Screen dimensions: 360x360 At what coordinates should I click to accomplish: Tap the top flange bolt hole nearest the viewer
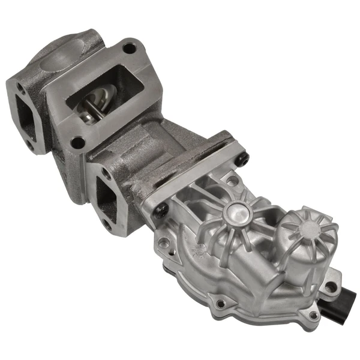click(77, 142)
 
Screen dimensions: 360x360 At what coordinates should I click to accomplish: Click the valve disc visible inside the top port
click(102, 96)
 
